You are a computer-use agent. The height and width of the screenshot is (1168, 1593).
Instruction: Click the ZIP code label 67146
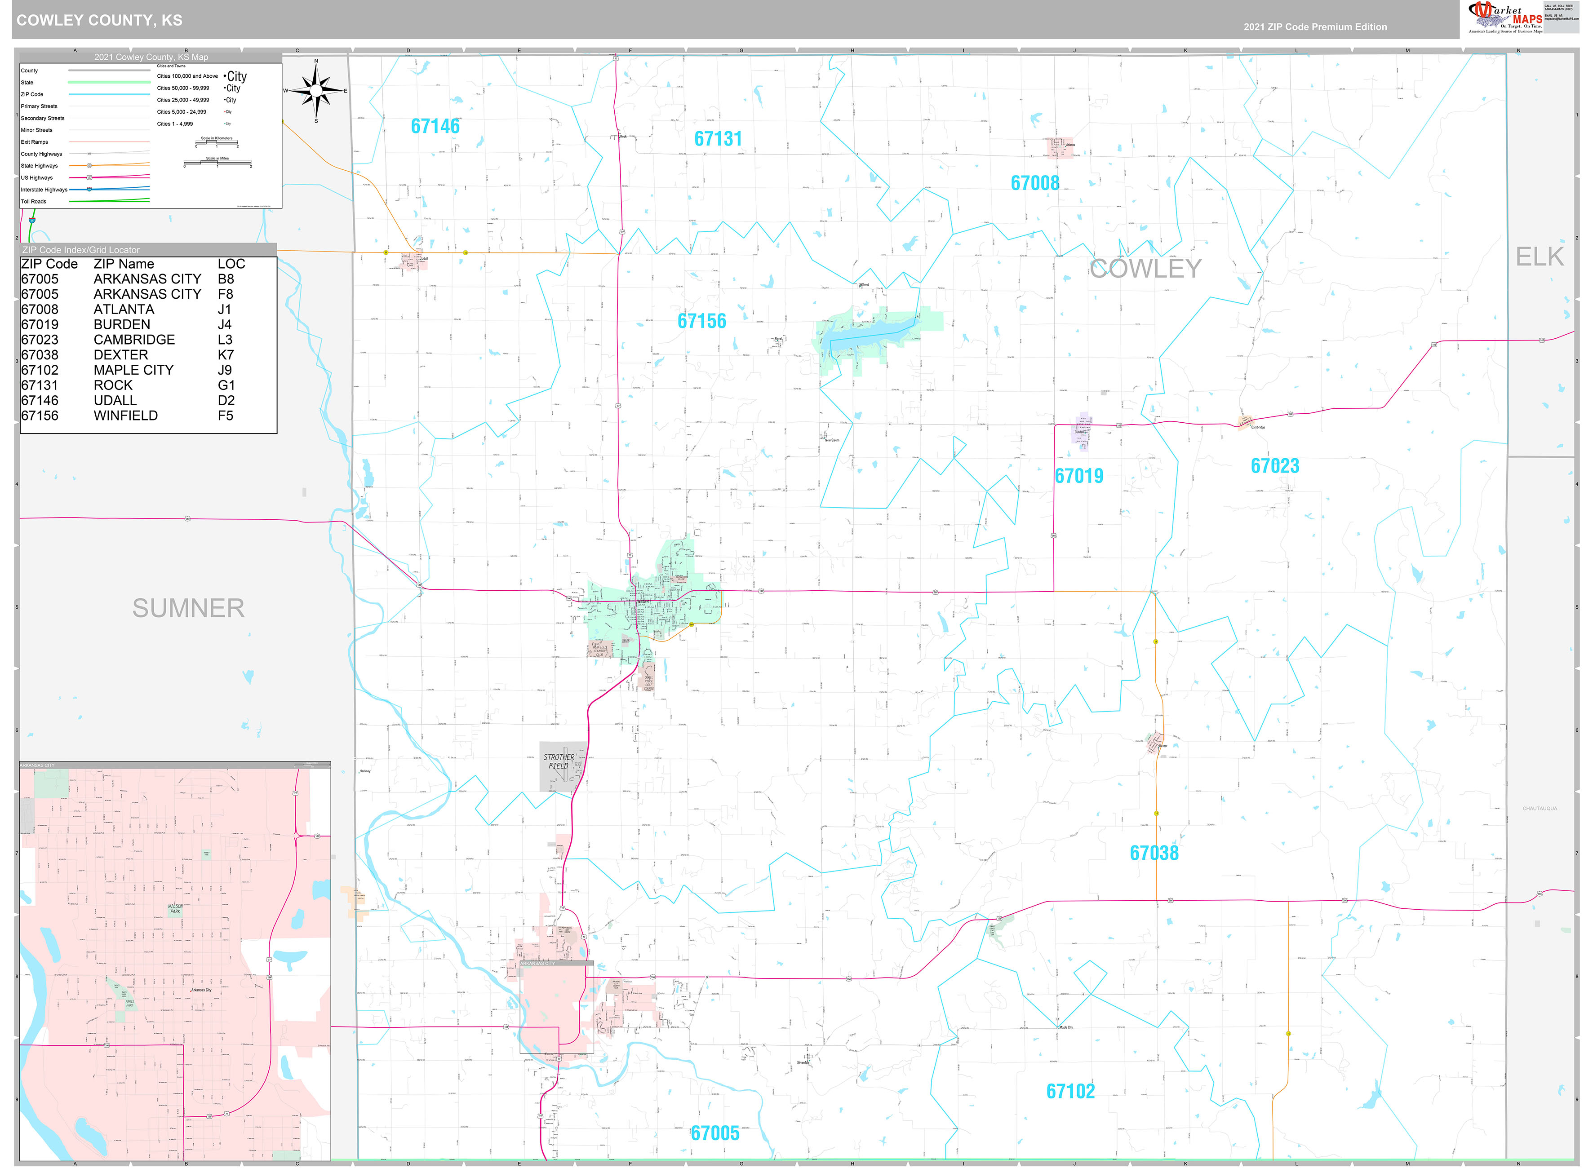(435, 127)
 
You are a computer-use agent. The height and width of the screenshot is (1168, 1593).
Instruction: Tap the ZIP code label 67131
(718, 138)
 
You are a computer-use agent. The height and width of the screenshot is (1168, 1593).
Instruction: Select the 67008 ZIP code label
(1034, 183)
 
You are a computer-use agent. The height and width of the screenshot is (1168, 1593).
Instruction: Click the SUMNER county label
(188, 608)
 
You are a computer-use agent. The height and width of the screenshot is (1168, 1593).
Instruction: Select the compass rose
(316, 90)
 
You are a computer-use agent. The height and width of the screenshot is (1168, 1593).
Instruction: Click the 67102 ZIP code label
(1070, 1091)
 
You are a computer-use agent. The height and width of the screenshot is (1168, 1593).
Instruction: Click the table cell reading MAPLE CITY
(133, 370)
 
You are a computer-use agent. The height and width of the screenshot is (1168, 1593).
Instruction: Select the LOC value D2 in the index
(226, 400)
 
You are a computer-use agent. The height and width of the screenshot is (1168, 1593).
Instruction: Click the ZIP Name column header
(124, 264)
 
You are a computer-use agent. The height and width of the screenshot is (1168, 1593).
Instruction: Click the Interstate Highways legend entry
(44, 190)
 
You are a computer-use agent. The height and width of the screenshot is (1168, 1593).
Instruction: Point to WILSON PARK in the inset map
(175, 908)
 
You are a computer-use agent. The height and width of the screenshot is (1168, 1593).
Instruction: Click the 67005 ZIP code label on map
(715, 1133)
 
